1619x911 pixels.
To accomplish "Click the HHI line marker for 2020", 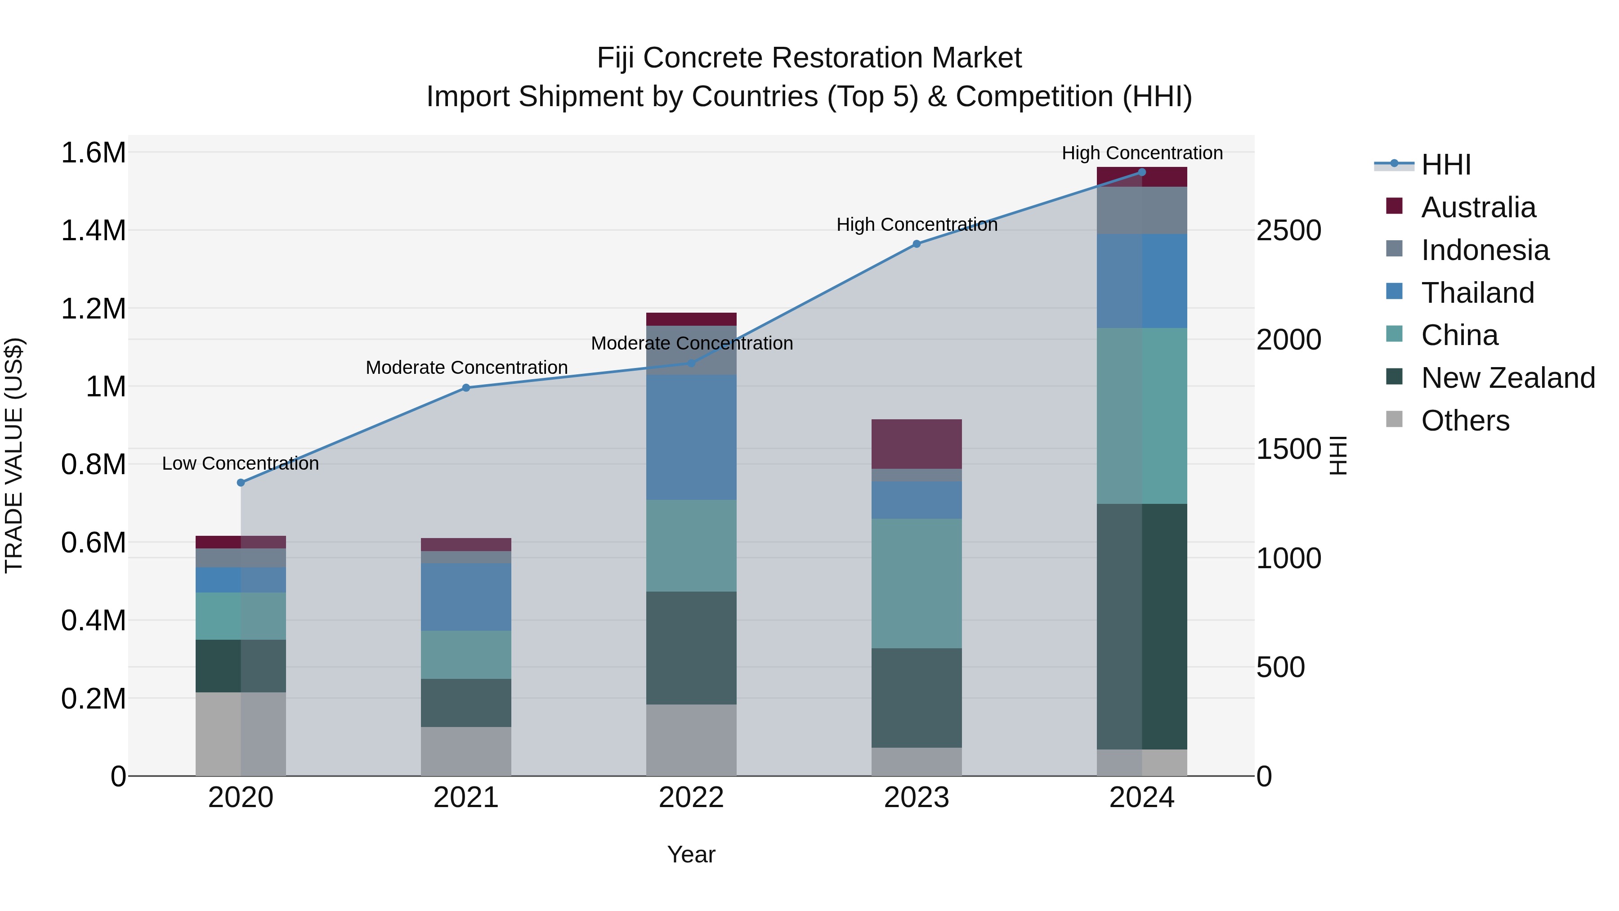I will point(241,482).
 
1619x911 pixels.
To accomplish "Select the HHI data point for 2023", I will point(917,244).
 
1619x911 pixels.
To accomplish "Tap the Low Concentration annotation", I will point(240,463).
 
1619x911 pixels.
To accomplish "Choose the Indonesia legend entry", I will point(1485,250).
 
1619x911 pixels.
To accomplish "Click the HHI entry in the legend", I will point(1445,165).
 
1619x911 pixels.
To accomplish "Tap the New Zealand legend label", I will point(1508,378).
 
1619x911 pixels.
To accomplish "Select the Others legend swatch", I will point(1394,419).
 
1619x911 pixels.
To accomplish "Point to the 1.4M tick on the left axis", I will point(93,230).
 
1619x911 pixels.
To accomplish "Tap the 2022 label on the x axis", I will point(691,798).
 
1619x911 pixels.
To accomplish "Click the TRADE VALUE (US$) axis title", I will point(14,455).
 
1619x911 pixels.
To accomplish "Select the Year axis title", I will point(691,854).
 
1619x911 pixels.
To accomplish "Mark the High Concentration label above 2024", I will point(1141,153).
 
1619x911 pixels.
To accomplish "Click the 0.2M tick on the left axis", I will point(93,699).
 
